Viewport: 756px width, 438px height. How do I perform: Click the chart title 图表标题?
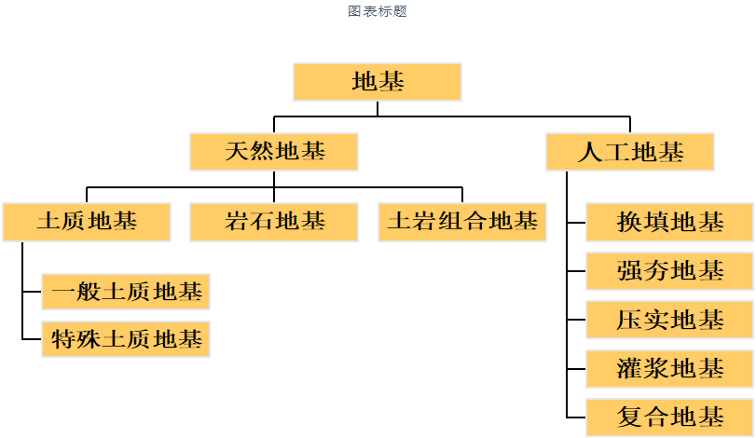click(x=378, y=11)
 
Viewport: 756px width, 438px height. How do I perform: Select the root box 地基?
click(x=378, y=82)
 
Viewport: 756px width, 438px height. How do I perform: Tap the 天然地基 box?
click(x=274, y=152)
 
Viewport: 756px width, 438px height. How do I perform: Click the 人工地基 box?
click(x=630, y=152)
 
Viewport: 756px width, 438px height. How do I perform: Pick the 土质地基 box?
click(x=87, y=223)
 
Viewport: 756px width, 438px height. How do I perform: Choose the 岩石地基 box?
click(x=274, y=223)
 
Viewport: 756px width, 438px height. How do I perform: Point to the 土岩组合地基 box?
click(x=462, y=223)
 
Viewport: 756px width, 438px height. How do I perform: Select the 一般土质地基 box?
click(x=126, y=293)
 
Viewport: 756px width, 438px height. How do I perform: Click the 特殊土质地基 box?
click(x=126, y=340)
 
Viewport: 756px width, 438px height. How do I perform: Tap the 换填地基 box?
click(x=669, y=223)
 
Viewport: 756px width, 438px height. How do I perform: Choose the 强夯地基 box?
click(x=669, y=271)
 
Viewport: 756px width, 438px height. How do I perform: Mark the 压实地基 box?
click(x=669, y=320)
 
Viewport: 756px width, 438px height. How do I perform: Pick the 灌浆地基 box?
click(x=669, y=368)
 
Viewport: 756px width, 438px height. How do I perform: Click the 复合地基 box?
click(x=669, y=416)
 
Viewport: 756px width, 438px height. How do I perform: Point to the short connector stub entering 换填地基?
click(x=576, y=224)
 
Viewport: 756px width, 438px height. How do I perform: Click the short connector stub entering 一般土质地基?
click(x=32, y=293)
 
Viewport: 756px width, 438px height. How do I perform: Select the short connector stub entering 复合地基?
click(x=576, y=417)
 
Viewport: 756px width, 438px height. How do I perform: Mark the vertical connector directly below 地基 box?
click(x=378, y=108)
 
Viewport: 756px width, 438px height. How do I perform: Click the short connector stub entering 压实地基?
click(x=576, y=320)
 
